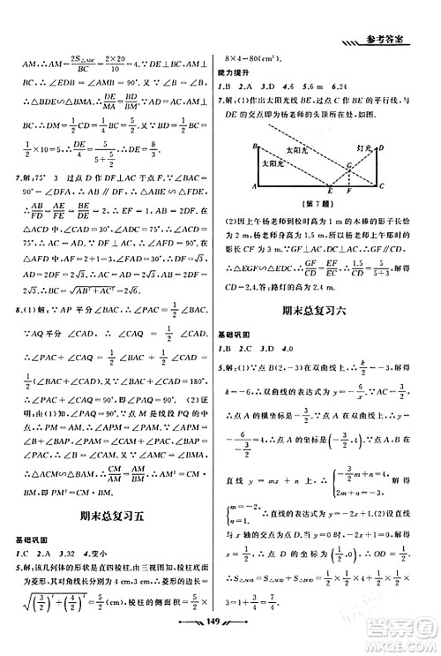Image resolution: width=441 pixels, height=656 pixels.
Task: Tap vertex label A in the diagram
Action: pyautogui.click(x=253, y=188)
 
